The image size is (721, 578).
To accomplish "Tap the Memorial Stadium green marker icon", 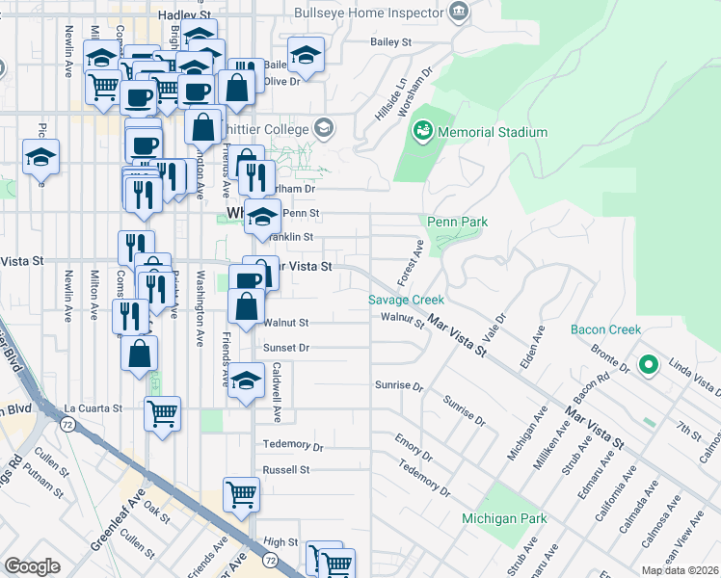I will pyautogui.click(x=423, y=130).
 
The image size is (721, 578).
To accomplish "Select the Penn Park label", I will pyautogui.click(x=458, y=222).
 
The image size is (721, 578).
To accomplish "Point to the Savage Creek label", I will pyautogui.click(x=406, y=300).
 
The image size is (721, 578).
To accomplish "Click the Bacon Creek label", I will pyautogui.click(x=605, y=329).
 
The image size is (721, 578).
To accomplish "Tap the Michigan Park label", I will pyautogui.click(x=504, y=519).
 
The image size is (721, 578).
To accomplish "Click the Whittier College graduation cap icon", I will pyautogui.click(x=324, y=128).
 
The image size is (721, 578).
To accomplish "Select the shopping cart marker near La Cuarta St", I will pyautogui.click(x=162, y=413).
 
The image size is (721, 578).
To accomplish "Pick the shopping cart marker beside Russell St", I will pyautogui.click(x=241, y=494).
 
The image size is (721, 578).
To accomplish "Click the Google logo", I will pyautogui.click(x=32, y=566).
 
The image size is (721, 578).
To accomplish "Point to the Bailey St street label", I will pyautogui.click(x=391, y=42).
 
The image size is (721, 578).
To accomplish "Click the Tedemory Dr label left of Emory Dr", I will pyautogui.click(x=293, y=445).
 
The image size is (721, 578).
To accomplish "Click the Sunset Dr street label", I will pyautogui.click(x=287, y=347).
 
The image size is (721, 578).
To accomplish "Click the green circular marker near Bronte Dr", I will pyautogui.click(x=650, y=365).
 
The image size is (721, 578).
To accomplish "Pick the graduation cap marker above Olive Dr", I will pyautogui.click(x=306, y=55).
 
